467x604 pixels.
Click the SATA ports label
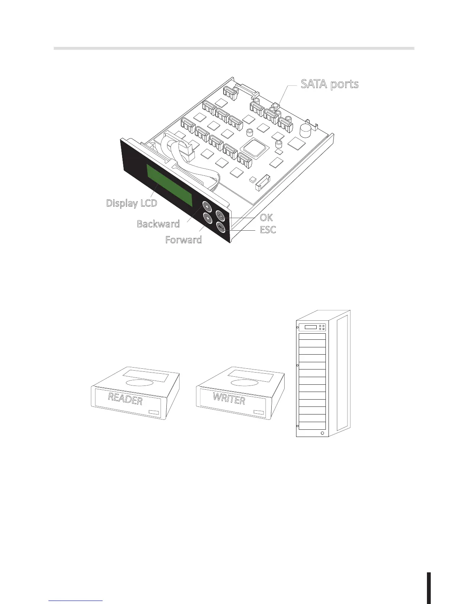click(x=330, y=84)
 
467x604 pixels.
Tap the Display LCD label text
click(x=132, y=203)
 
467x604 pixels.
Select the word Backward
click(x=158, y=224)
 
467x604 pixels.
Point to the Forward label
click(x=184, y=240)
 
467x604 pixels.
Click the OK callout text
click(x=266, y=217)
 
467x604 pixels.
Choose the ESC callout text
click(x=268, y=230)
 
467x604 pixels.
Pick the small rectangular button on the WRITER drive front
click(x=259, y=412)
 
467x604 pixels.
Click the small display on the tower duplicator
click(x=311, y=327)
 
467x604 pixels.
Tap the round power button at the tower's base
click(x=323, y=434)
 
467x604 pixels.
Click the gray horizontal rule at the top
click(x=234, y=48)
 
